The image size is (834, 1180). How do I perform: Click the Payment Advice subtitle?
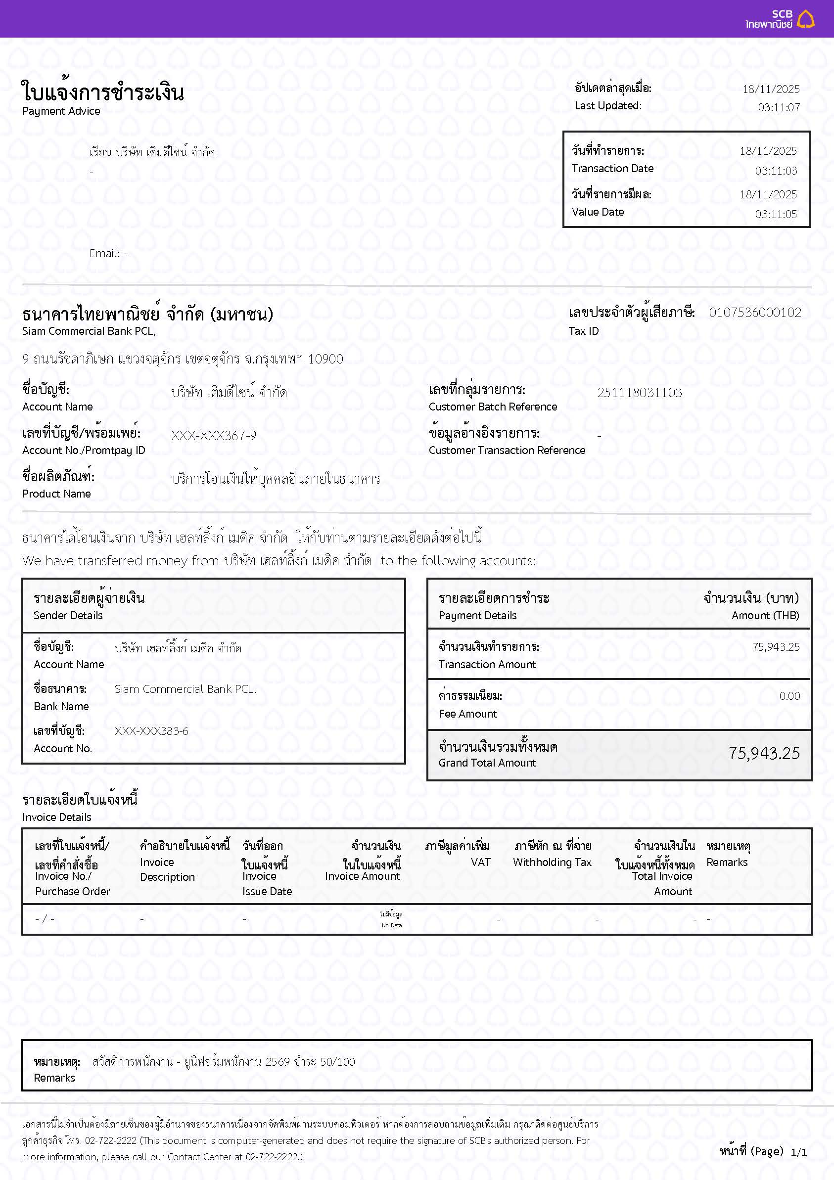click(61, 111)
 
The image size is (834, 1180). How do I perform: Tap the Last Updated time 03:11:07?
click(779, 107)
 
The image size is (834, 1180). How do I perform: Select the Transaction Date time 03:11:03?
click(776, 171)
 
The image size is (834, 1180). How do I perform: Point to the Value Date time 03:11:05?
click(776, 214)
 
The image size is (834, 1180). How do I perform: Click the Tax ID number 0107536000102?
click(754, 313)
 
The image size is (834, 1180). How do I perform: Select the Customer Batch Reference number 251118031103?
click(639, 393)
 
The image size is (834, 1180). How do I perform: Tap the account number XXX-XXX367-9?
click(213, 436)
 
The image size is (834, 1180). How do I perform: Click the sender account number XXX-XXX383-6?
click(151, 731)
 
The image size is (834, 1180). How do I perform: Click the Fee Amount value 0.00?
click(789, 696)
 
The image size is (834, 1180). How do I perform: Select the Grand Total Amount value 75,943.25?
click(764, 753)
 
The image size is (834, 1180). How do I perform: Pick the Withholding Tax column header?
click(552, 862)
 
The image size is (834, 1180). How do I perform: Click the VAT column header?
click(480, 862)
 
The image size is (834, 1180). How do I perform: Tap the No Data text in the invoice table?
click(391, 925)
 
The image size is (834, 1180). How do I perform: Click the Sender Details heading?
click(68, 615)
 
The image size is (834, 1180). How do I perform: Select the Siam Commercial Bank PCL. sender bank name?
click(185, 689)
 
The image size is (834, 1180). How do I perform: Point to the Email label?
click(104, 253)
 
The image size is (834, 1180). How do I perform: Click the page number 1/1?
click(798, 1153)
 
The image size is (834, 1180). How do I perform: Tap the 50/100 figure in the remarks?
click(337, 1062)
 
